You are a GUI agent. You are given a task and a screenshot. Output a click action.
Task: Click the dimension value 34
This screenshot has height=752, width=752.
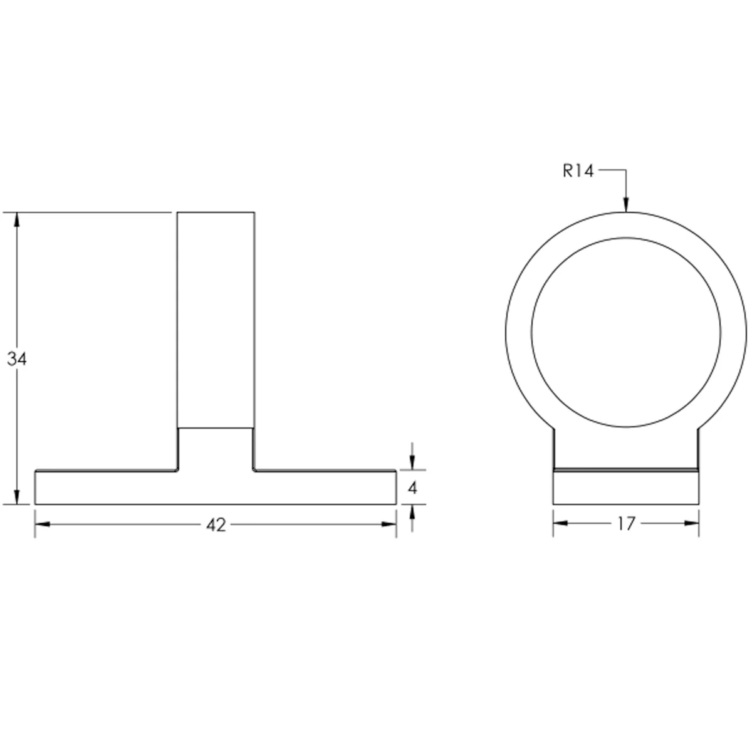coord(17,359)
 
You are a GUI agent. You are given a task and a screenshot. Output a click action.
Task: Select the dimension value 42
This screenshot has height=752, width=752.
coord(216,526)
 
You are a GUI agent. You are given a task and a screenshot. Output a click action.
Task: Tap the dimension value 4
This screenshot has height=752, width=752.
coord(412,488)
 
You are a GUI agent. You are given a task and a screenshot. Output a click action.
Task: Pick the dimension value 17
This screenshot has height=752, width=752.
coord(626,524)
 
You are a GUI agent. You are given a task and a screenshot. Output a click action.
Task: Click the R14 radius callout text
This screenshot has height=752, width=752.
coord(578,171)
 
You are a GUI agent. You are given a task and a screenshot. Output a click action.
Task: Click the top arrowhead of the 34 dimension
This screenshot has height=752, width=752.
coord(16,220)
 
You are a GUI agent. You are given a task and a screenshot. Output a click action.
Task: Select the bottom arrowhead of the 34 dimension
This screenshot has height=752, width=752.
coord(16,497)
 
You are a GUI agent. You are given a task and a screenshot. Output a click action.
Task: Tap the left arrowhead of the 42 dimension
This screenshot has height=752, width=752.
coord(43,525)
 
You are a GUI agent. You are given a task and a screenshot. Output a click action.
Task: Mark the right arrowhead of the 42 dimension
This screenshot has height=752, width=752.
coord(389,525)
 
